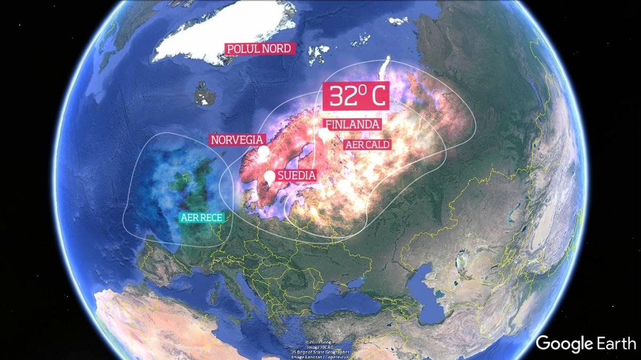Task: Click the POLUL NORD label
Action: pyautogui.click(x=259, y=49)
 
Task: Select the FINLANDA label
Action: pyautogui.click(x=353, y=124)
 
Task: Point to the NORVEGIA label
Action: pyautogui.click(x=237, y=140)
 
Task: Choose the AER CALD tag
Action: pyautogui.click(x=367, y=144)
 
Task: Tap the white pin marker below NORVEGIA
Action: pyautogui.click(x=263, y=153)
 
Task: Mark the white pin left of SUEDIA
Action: pyautogui.click(x=270, y=177)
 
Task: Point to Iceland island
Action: pyautogui.click(x=202, y=93)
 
